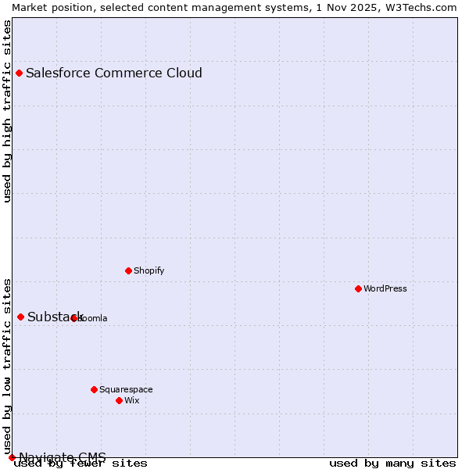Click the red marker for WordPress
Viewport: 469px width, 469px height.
[x=358, y=288]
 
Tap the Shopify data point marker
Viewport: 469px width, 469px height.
[x=128, y=270]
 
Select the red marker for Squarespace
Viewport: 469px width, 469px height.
[x=94, y=389]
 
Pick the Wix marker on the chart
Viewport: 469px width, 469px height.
[x=119, y=400]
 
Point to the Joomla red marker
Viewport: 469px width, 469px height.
[x=73, y=318]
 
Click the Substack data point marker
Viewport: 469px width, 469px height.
[x=21, y=317]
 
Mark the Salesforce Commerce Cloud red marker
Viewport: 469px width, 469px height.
[x=20, y=73]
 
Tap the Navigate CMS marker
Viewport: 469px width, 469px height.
[x=12, y=457]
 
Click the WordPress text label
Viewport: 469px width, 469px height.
[x=385, y=288]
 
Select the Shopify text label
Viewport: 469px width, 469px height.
[x=149, y=270]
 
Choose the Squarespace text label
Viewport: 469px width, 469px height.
[x=126, y=389]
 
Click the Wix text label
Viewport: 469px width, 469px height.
[x=131, y=400]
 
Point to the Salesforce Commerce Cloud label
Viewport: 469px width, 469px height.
[x=114, y=73]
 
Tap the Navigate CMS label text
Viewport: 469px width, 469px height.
[x=63, y=457]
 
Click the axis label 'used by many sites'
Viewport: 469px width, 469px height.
[x=392, y=464]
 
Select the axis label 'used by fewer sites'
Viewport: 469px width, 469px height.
[x=81, y=464]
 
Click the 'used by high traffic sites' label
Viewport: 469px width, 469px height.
[x=8, y=111]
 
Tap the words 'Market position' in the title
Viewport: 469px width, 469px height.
[x=47, y=7]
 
